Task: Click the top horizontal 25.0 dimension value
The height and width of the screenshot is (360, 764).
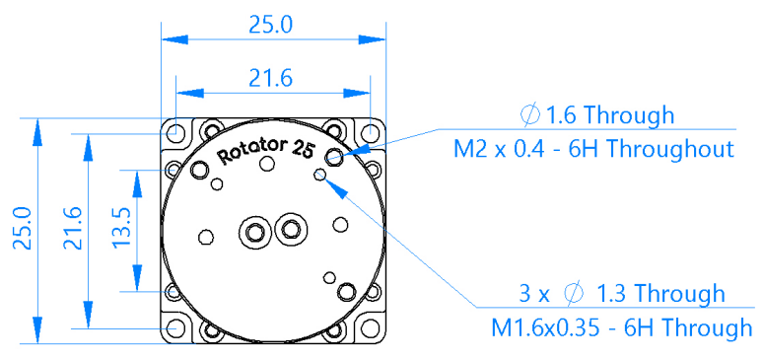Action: (271, 24)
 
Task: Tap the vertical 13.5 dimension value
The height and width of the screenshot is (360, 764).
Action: (121, 227)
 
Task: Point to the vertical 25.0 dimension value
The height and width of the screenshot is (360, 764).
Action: (23, 228)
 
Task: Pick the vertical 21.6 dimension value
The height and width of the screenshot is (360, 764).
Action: (73, 228)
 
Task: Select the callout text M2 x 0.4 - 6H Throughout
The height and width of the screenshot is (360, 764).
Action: (593, 149)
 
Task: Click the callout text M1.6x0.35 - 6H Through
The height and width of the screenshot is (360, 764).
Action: (621, 327)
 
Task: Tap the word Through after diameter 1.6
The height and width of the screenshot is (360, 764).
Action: (629, 115)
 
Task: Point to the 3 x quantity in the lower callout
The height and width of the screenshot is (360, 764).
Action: (534, 294)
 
